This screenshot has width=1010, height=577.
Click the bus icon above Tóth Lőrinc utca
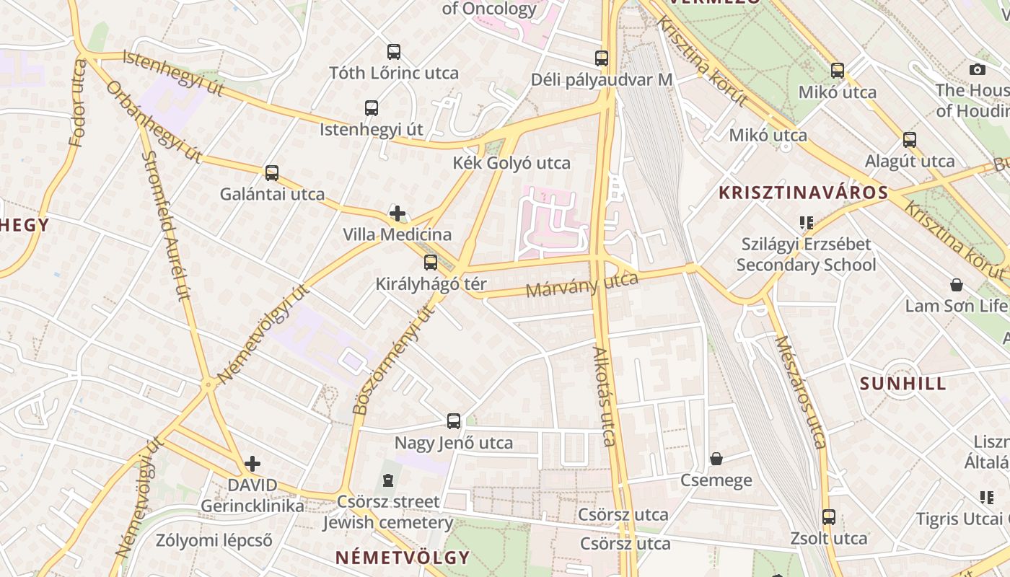pos(393,52)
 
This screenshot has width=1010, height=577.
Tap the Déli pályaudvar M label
pos(602,79)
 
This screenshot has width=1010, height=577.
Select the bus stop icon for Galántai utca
pos(272,173)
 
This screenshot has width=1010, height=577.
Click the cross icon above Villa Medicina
pos(397,213)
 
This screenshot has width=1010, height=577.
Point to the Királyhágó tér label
pos(431,284)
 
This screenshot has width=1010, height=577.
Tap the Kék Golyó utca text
pos(511,163)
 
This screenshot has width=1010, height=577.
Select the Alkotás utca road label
pos(605,397)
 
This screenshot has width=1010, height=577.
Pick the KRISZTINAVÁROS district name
pos(803,193)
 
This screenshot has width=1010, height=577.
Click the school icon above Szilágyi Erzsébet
pos(806,223)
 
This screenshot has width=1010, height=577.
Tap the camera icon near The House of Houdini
pos(978,70)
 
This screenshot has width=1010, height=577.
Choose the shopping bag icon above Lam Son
pos(957,285)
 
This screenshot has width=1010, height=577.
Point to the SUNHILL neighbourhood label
pos(903,384)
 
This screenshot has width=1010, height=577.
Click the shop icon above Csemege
pos(716,459)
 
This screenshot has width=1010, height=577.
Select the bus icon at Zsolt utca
pos(829,517)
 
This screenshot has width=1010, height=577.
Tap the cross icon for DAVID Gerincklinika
pos(252,464)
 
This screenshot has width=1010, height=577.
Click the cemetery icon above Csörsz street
pos(388,480)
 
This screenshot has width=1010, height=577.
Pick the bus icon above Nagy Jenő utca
pos(454,421)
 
